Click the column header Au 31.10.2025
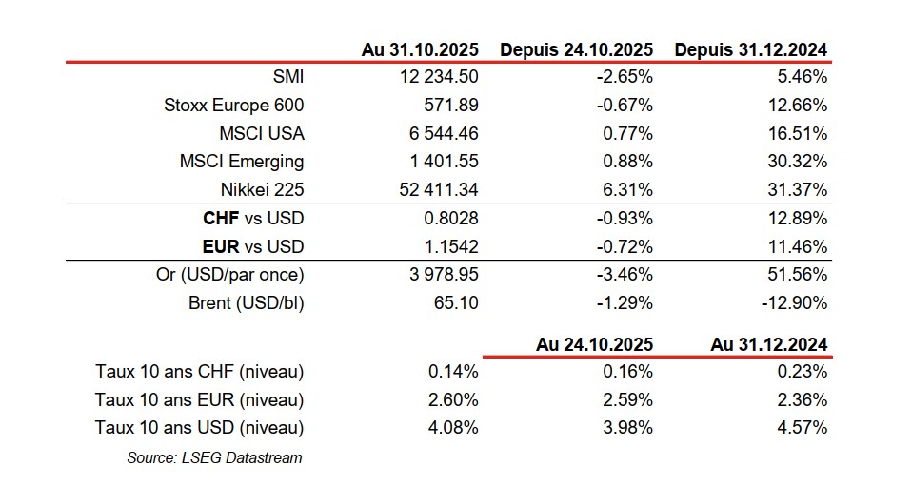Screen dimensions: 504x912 click(x=420, y=49)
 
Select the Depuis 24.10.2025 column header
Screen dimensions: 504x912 click(x=577, y=49)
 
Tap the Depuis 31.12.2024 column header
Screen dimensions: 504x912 click(x=751, y=49)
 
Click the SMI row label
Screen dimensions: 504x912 click(x=287, y=76)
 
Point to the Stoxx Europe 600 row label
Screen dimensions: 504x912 click(x=234, y=105)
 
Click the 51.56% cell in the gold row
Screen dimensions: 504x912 click(x=802, y=276)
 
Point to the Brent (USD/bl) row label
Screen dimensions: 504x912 click(x=247, y=303)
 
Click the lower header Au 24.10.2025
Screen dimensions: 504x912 click(x=594, y=344)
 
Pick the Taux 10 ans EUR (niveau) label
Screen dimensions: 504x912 click(x=199, y=399)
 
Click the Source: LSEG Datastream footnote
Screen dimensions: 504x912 click(x=214, y=457)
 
